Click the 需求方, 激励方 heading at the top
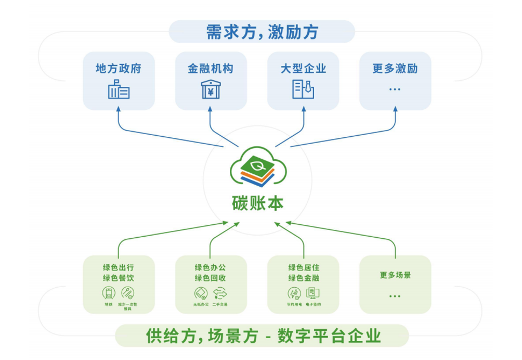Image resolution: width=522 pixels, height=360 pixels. point(262,32)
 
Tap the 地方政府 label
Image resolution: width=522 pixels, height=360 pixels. point(119,68)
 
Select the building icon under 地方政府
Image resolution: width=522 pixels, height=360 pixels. point(119,90)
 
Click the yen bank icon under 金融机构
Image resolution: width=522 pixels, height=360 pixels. point(211,90)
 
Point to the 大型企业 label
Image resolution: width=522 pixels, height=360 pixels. point(303,68)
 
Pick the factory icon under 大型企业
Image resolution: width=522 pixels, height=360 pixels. point(303,90)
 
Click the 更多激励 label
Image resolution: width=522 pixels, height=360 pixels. point(395,68)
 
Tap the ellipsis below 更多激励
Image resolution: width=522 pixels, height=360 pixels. point(395,89)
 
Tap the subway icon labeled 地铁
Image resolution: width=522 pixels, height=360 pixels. point(108,292)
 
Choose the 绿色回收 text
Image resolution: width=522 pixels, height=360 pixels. point(211,278)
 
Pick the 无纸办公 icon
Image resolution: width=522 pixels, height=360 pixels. point(200,292)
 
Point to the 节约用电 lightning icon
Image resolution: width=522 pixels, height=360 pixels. point(294,292)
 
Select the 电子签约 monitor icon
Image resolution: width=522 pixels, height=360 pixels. point(313,292)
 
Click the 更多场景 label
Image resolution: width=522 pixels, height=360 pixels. point(395,275)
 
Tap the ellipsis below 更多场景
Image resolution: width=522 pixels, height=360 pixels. point(395,296)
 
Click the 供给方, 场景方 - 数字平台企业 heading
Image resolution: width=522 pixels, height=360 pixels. point(262,336)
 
